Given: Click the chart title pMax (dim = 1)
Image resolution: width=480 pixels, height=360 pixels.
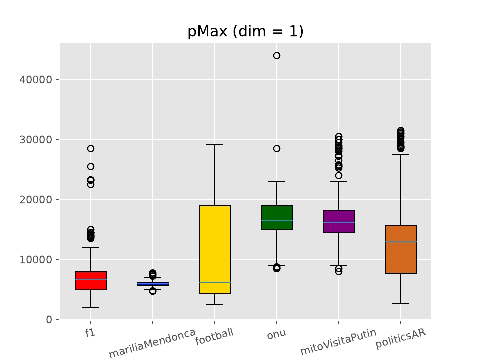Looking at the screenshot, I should click(x=245, y=32).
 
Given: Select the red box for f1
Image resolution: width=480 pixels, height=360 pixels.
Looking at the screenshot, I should click(x=91, y=281).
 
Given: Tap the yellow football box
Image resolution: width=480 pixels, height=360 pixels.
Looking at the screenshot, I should click(x=215, y=250).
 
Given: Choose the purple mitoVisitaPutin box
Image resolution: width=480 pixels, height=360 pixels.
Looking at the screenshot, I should click(x=339, y=221).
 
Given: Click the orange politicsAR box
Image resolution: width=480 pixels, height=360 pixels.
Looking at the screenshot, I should click(x=401, y=249).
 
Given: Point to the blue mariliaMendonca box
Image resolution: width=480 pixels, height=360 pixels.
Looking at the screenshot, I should click(x=153, y=284).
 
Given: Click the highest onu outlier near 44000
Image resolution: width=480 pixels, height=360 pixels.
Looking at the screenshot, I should click(x=277, y=56).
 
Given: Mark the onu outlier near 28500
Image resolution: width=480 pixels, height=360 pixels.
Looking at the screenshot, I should click(x=277, y=149).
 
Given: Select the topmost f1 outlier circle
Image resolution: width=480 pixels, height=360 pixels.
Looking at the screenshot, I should click(x=91, y=149).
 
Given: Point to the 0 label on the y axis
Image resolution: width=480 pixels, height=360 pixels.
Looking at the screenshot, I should click(x=49, y=320).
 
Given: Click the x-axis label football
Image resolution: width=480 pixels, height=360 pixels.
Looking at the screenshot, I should click(x=214, y=336).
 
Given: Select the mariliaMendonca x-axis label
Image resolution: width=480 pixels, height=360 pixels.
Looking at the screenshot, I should click(x=152, y=343).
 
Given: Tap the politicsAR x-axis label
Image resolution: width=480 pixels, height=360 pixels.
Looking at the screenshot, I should click(x=400, y=339).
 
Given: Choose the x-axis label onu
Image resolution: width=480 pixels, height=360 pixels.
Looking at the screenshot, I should click(x=276, y=334).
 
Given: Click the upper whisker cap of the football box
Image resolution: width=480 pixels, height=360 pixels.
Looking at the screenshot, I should click(x=215, y=144).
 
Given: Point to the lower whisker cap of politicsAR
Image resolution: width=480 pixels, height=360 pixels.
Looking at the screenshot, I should click(x=401, y=303).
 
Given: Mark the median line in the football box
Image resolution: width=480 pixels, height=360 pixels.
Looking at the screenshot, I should click(x=215, y=282).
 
